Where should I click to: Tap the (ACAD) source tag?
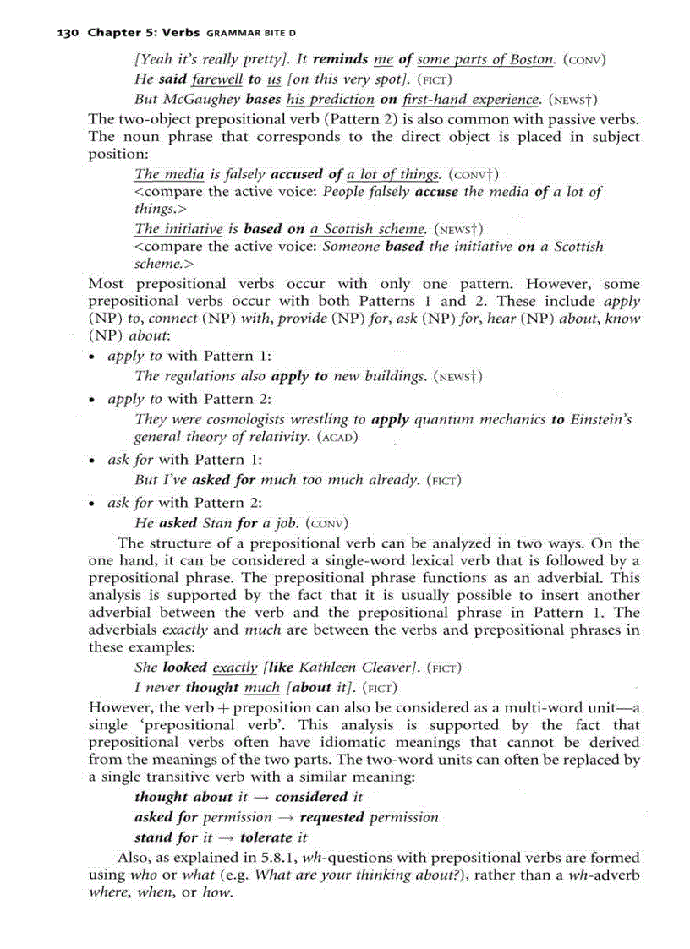pos(338,438)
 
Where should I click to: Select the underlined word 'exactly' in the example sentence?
pos(235,668)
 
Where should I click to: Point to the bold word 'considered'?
pos(311,797)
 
